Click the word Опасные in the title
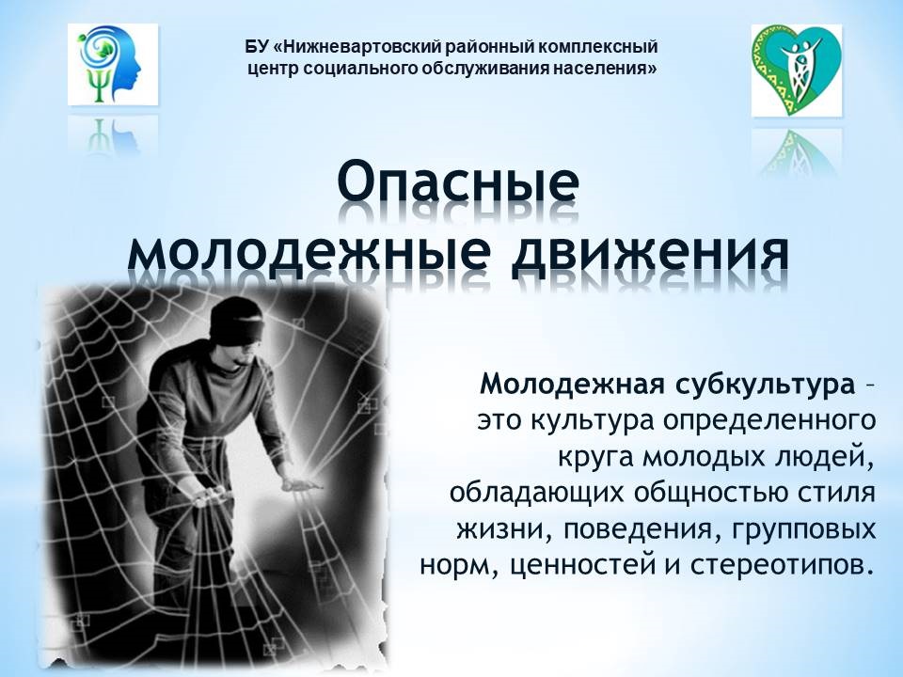[x=458, y=181]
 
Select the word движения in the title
[x=650, y=252]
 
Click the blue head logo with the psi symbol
[x=113, y=65]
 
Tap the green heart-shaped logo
[x=797, y=70]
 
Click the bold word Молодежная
[x=573, y=384]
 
